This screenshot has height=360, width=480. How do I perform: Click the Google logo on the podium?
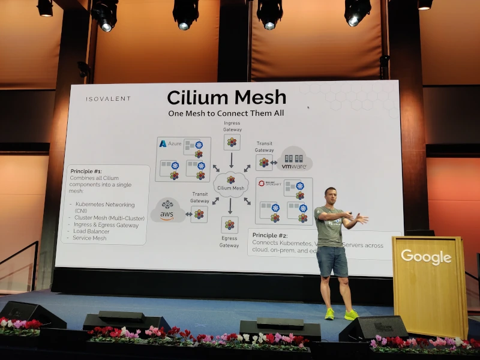tap(426, 257)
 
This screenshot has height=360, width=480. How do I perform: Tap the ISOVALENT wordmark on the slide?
tap(108, 99)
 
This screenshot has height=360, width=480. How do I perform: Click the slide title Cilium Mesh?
tap(226, 97)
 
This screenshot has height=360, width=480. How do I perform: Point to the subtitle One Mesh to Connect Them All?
tap(226, 113)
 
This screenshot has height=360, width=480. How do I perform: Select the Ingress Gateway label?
tap(232, 126)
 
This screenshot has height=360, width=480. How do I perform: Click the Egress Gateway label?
tap(229, 241)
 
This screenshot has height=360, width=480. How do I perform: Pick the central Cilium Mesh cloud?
tap(230, 183)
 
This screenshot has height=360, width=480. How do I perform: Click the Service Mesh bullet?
tap(89, 238)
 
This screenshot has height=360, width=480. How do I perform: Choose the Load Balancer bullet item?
tap(91, 231)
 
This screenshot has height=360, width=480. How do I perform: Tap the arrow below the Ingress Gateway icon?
tap(231, 160)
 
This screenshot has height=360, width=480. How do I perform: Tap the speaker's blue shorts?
tap(332, 261)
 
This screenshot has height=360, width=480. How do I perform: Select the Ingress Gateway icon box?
tap(232, 142)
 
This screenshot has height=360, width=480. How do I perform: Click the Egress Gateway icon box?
tap(229, 225)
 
